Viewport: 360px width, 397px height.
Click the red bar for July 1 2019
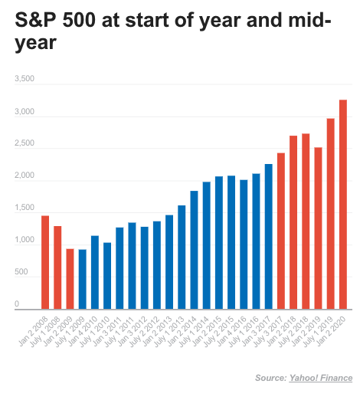[x=330, y=214]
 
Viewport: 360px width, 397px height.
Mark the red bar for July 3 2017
[x=281, y=231]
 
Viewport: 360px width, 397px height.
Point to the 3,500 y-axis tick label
[x=25, y=79]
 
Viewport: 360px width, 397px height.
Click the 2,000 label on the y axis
[x=25, y=176]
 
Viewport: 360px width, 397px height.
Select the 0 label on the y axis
[x=15, y=304]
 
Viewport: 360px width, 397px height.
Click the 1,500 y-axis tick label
[x=25, y=208]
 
